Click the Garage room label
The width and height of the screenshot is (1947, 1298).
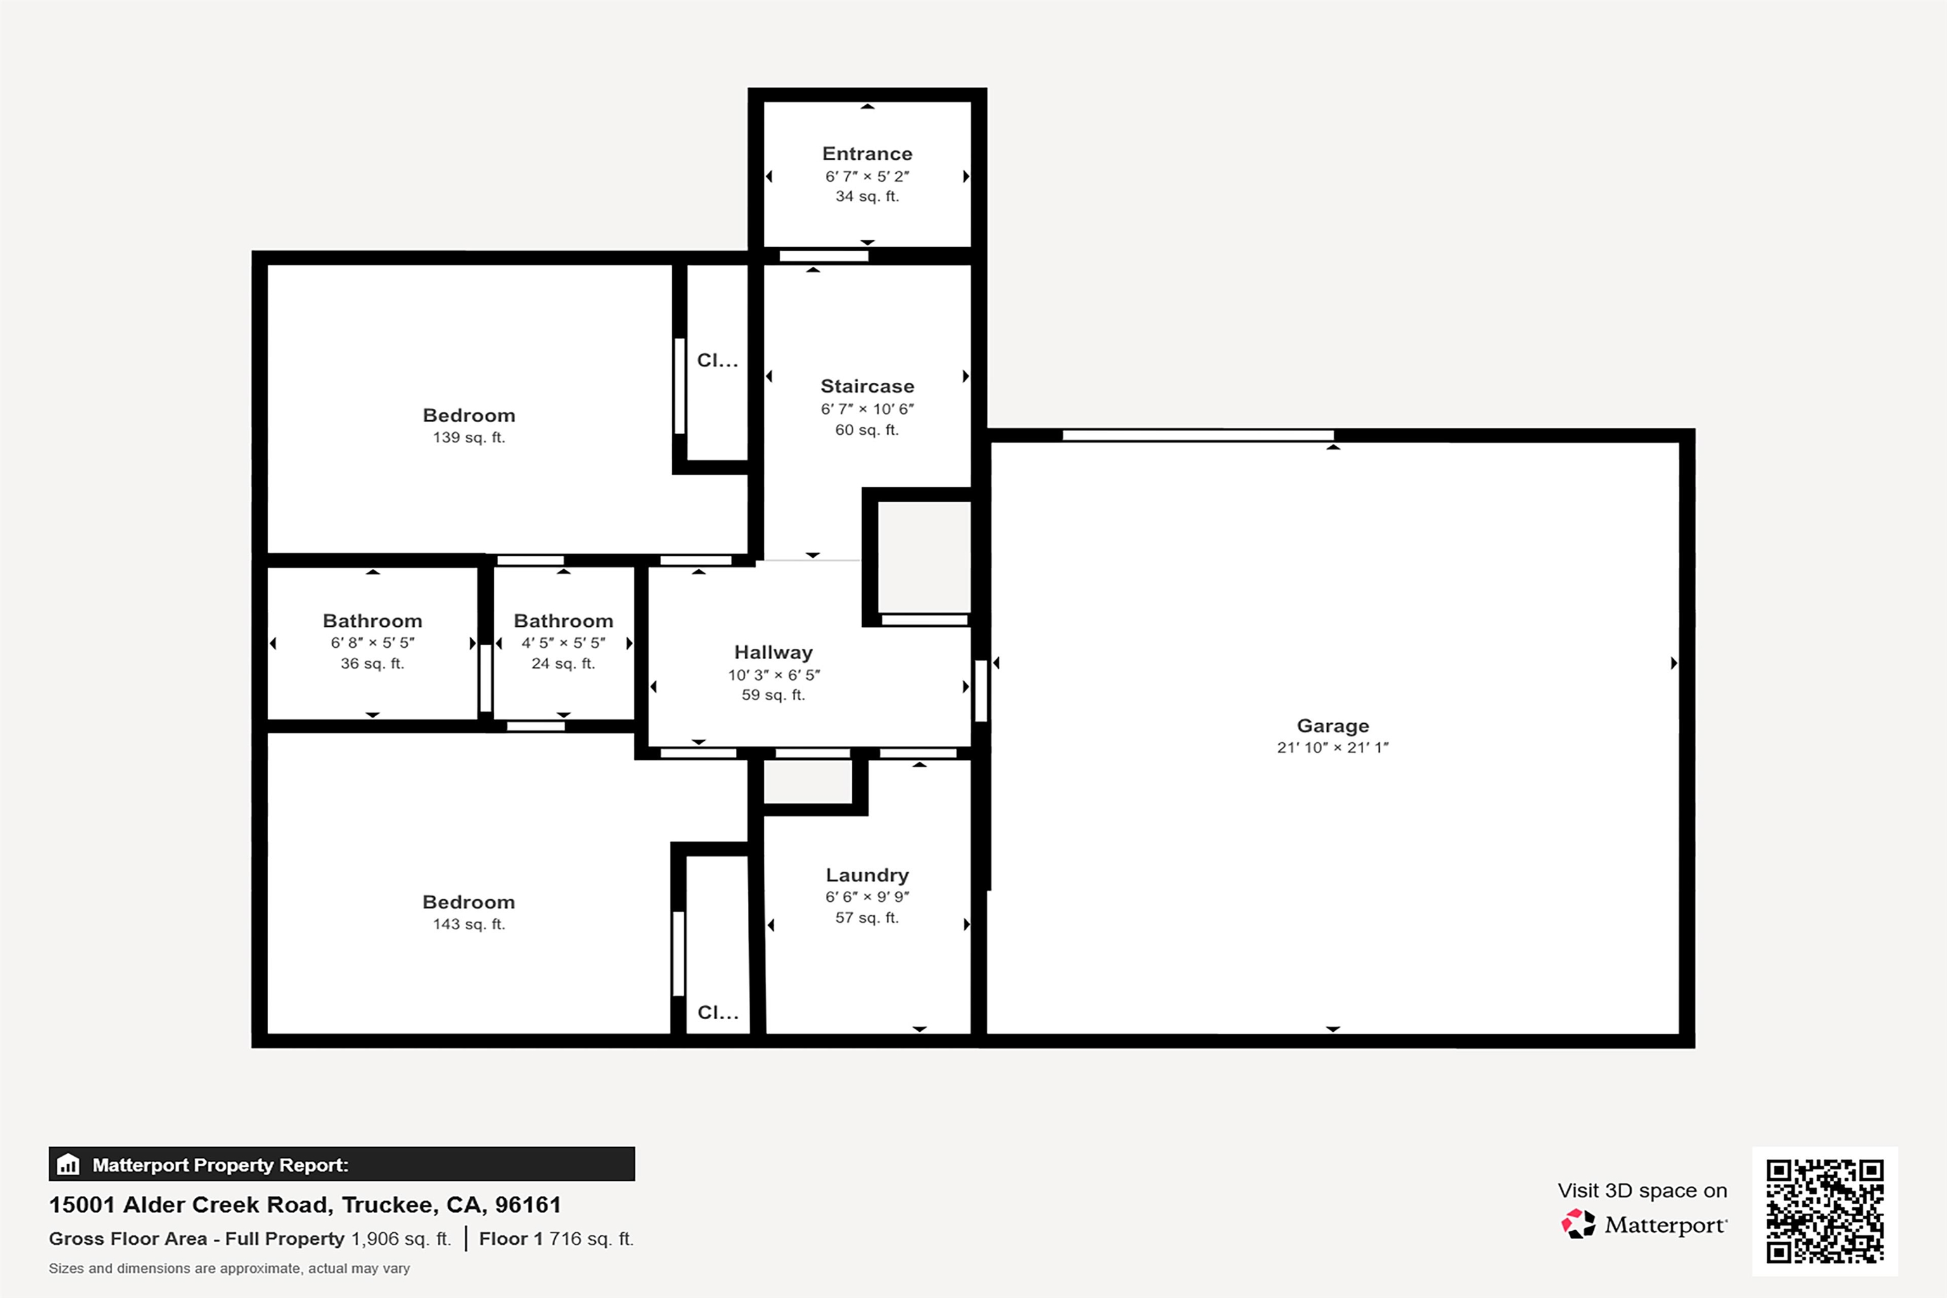click(1332, 726)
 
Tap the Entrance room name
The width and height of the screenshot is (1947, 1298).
click(867, 154)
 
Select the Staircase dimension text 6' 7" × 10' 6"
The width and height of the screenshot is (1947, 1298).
click(867, 409)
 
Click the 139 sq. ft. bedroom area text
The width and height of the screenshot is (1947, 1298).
click(468, 437)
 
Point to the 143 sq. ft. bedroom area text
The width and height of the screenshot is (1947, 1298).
click(468, 924)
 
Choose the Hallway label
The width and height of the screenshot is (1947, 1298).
click(773, 652)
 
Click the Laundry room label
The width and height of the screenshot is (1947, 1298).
click(867, 875)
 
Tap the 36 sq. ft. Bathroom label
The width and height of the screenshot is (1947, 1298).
click(373, 621)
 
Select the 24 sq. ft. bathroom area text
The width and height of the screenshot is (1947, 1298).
click(563, 663)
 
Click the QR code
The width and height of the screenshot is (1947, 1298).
click(1825, 1211)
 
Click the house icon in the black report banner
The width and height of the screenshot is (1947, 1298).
click(68, 1165)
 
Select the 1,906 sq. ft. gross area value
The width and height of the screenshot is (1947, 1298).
click(401, 1238)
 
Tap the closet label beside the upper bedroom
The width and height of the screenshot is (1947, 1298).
click(717, 360)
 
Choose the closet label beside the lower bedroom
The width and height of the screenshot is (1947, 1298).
click(717, 1012)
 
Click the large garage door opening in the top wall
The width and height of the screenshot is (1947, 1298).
click(1198, 435)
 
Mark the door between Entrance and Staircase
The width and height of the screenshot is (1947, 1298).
click(824, 256)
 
